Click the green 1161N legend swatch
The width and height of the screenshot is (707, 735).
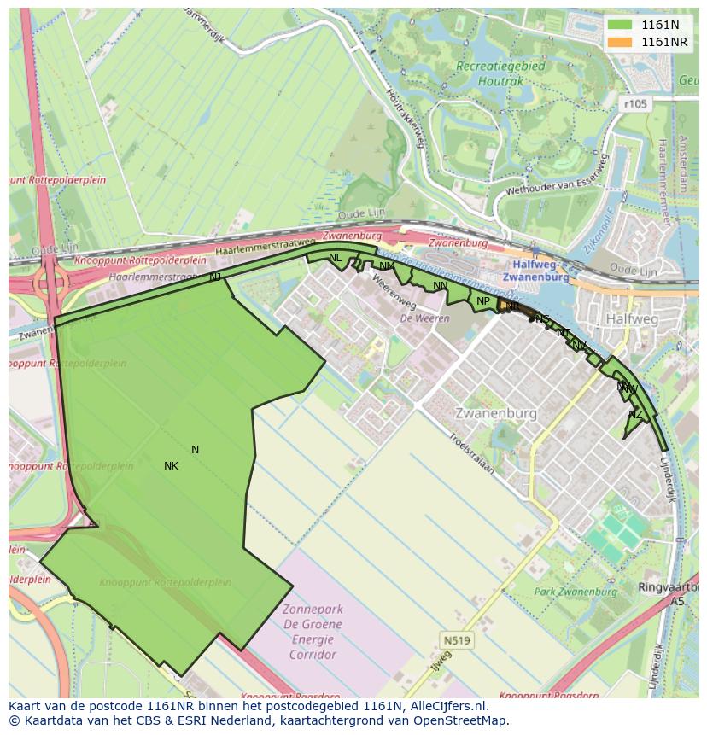pos(620,25)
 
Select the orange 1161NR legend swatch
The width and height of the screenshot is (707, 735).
pos(620,42)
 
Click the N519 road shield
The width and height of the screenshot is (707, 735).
pos(457,639)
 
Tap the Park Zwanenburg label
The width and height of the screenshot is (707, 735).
pos(576,592)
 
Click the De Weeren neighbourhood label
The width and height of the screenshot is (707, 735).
pos(418,318)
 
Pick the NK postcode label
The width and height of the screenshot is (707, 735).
pos(171,466)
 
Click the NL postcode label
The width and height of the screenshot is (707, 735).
pos(335,258)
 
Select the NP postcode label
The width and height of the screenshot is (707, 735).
pos(483,301)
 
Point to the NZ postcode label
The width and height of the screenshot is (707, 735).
pos(635,415)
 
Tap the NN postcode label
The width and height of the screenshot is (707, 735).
pos(440,286)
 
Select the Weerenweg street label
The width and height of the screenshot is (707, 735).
pos(392,292)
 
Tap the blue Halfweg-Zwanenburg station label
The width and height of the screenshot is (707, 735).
pos(535,271)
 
